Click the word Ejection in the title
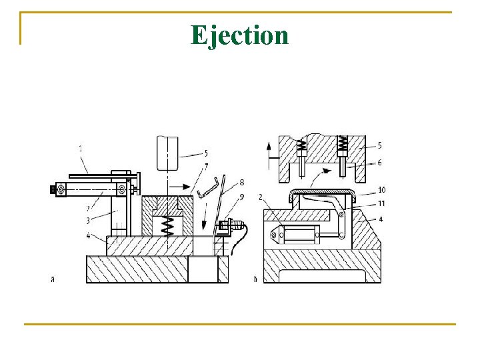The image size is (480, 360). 239,35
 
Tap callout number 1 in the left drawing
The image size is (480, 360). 81,149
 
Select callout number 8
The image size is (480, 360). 241,182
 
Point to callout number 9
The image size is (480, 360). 241,196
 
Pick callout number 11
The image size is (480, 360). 381,203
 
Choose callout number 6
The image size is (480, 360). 380,162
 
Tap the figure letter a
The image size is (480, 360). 53,279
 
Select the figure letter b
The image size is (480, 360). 255,279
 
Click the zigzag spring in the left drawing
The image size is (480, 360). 169,227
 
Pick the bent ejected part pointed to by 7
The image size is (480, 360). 208,187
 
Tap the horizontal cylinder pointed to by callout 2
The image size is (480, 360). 298,235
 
